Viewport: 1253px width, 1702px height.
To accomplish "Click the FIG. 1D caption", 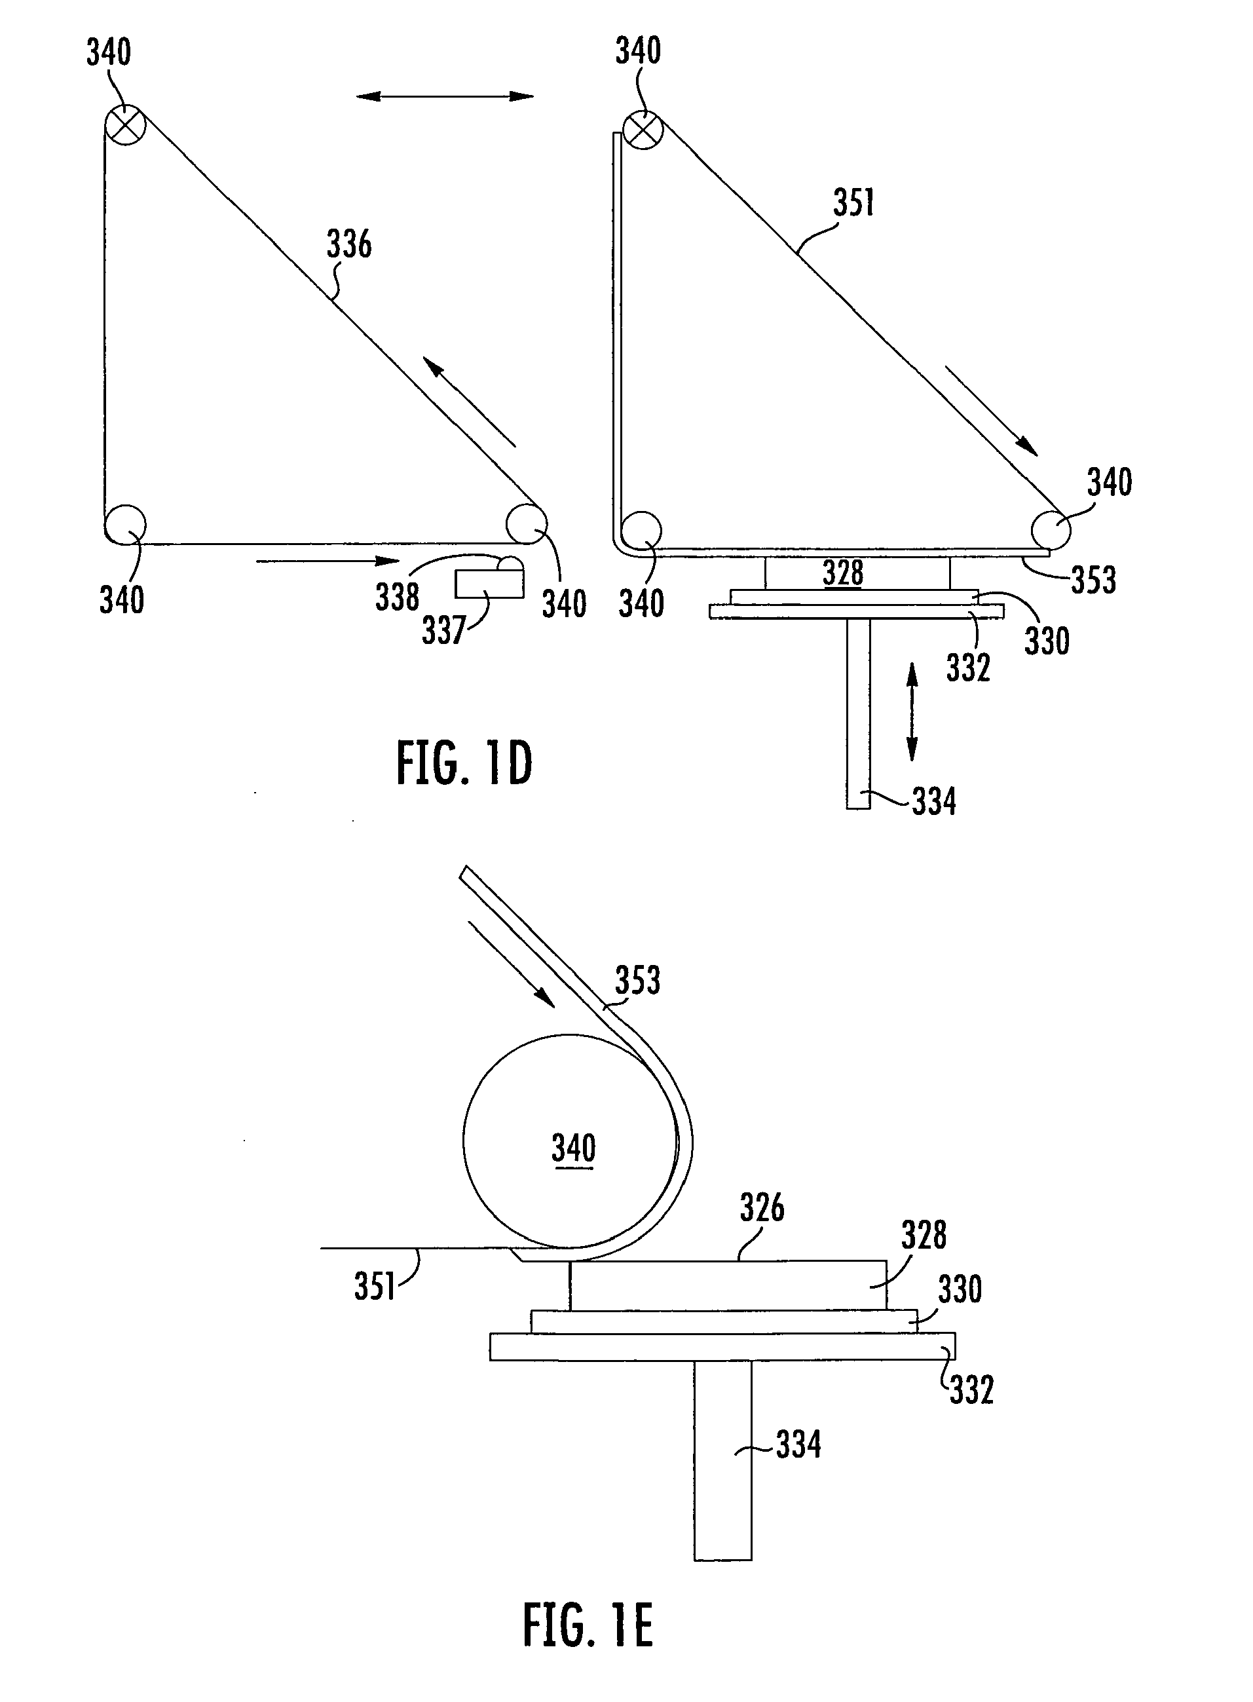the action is point(464,763).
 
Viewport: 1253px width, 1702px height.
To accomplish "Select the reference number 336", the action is point(350,244).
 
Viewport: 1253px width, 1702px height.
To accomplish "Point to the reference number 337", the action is point(443,630).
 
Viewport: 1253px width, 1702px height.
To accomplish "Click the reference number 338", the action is point(398,597).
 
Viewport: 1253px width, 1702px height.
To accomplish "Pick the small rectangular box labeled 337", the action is point(489,584).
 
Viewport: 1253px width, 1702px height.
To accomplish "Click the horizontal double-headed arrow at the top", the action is point(445,96).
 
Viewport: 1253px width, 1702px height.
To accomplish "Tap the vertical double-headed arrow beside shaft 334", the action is point(912,711).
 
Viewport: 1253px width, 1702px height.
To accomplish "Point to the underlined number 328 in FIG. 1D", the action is point(843,573).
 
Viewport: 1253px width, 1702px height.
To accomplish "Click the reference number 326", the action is point(762,1207).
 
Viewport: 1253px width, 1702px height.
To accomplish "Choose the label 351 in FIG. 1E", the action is point(375,1287).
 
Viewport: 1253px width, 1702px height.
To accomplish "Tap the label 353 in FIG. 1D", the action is point(1094,580).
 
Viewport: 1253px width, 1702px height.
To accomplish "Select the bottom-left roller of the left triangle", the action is point(125,524).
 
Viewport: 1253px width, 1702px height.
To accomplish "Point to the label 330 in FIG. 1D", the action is point(1047,641).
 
